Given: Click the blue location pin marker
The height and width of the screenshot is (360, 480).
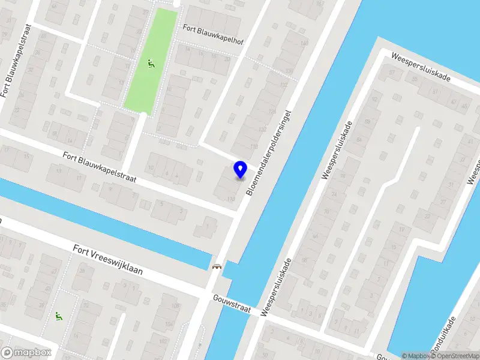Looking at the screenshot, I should click(241, 170).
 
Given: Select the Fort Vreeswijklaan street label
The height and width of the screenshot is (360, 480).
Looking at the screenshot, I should click(108, 259).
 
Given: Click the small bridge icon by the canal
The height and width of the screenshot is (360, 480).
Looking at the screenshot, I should click(217, 266).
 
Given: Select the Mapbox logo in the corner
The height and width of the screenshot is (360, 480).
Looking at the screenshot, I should click(26, 353).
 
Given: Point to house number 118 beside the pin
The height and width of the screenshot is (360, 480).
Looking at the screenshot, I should click(230, 199).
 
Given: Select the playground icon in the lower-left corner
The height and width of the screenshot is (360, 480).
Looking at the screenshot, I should click(58, 316).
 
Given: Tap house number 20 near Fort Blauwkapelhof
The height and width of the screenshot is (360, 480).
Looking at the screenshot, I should click(226, 58).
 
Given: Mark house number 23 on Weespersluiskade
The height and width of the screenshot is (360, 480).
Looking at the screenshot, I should click(427, 216).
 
